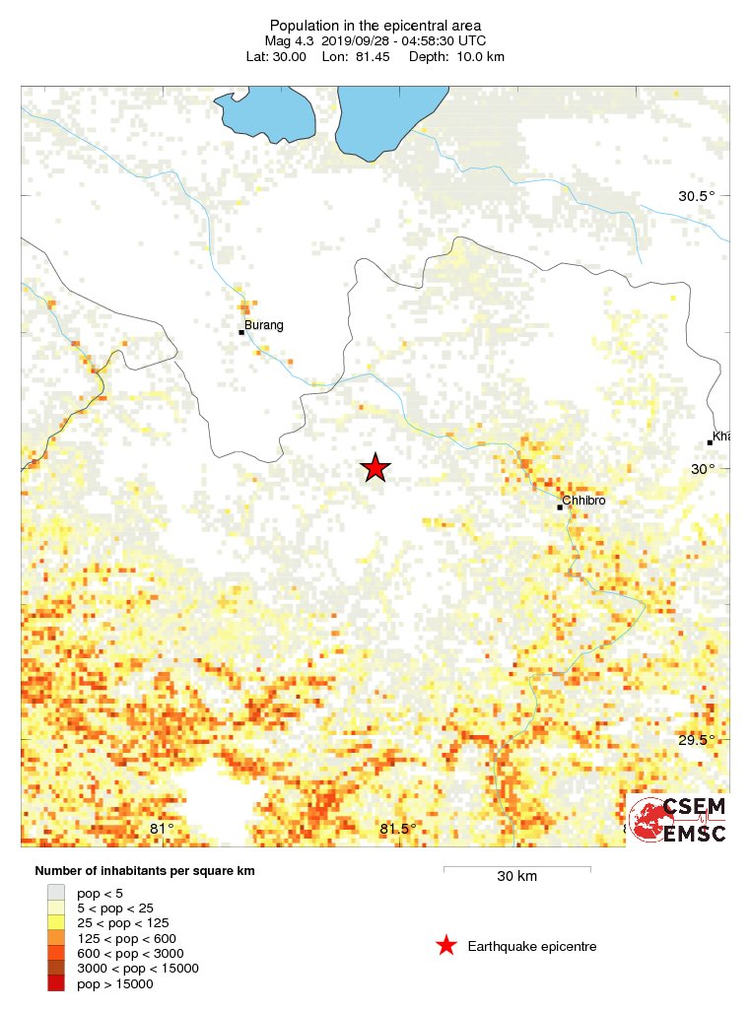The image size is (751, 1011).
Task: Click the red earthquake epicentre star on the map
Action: [375, 468]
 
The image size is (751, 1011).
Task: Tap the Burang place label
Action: [263, 325]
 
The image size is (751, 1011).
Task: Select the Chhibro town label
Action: [583, 501]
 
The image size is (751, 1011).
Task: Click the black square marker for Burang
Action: [241, 332]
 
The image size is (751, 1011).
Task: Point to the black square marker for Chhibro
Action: [559, 507]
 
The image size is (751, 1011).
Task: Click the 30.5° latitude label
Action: [696, 196]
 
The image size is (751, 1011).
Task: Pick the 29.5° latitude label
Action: [696, 741]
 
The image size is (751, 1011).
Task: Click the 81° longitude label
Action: [162, 829]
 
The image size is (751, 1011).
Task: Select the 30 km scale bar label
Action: [516, 876]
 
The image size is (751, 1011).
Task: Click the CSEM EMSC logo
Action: [678, 820]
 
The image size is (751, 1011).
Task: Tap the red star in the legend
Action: [445, 946]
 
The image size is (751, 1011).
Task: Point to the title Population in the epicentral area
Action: [375, 25]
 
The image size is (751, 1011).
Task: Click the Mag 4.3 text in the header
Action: [289, 40]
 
